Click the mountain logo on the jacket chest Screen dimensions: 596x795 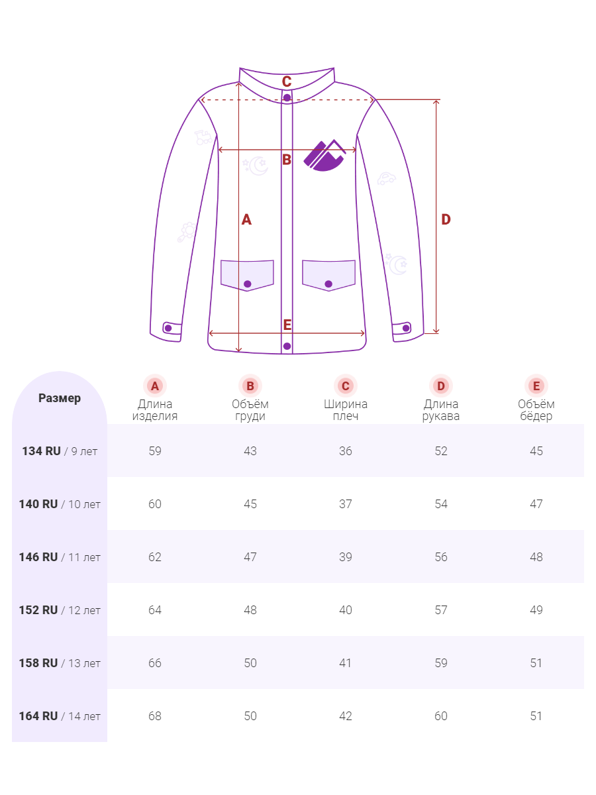tap(324, 156)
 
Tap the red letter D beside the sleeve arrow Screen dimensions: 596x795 tap(446, 219)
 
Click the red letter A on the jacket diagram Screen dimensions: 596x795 tap(246, 219)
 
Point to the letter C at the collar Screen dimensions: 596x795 tap(287, 81)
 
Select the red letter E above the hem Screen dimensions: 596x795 tap(287, 325)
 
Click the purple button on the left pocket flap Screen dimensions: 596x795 tap(248, 284)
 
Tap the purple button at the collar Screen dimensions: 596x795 tap(287, 97)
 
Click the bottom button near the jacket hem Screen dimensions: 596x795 tap(287, 346)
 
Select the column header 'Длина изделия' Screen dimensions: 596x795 tap(155, 409)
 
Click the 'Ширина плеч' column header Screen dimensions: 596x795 tap(346, 409)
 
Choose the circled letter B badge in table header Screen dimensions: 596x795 tap(250, 386)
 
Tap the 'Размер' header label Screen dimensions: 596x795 tap(60, 398)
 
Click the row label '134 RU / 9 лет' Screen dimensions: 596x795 tap(60, 451)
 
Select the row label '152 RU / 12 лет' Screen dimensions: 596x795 tap(60, 610)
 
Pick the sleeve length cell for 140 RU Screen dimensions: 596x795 tap(441, 504)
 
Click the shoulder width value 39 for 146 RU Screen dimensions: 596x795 tap(346, 557)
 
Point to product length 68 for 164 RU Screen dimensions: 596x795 tap(155, 716)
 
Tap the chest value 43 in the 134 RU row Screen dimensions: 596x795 tap(250, 451)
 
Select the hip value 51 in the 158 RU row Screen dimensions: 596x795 tap(536, 663)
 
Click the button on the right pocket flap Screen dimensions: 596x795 tap(328, 284)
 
